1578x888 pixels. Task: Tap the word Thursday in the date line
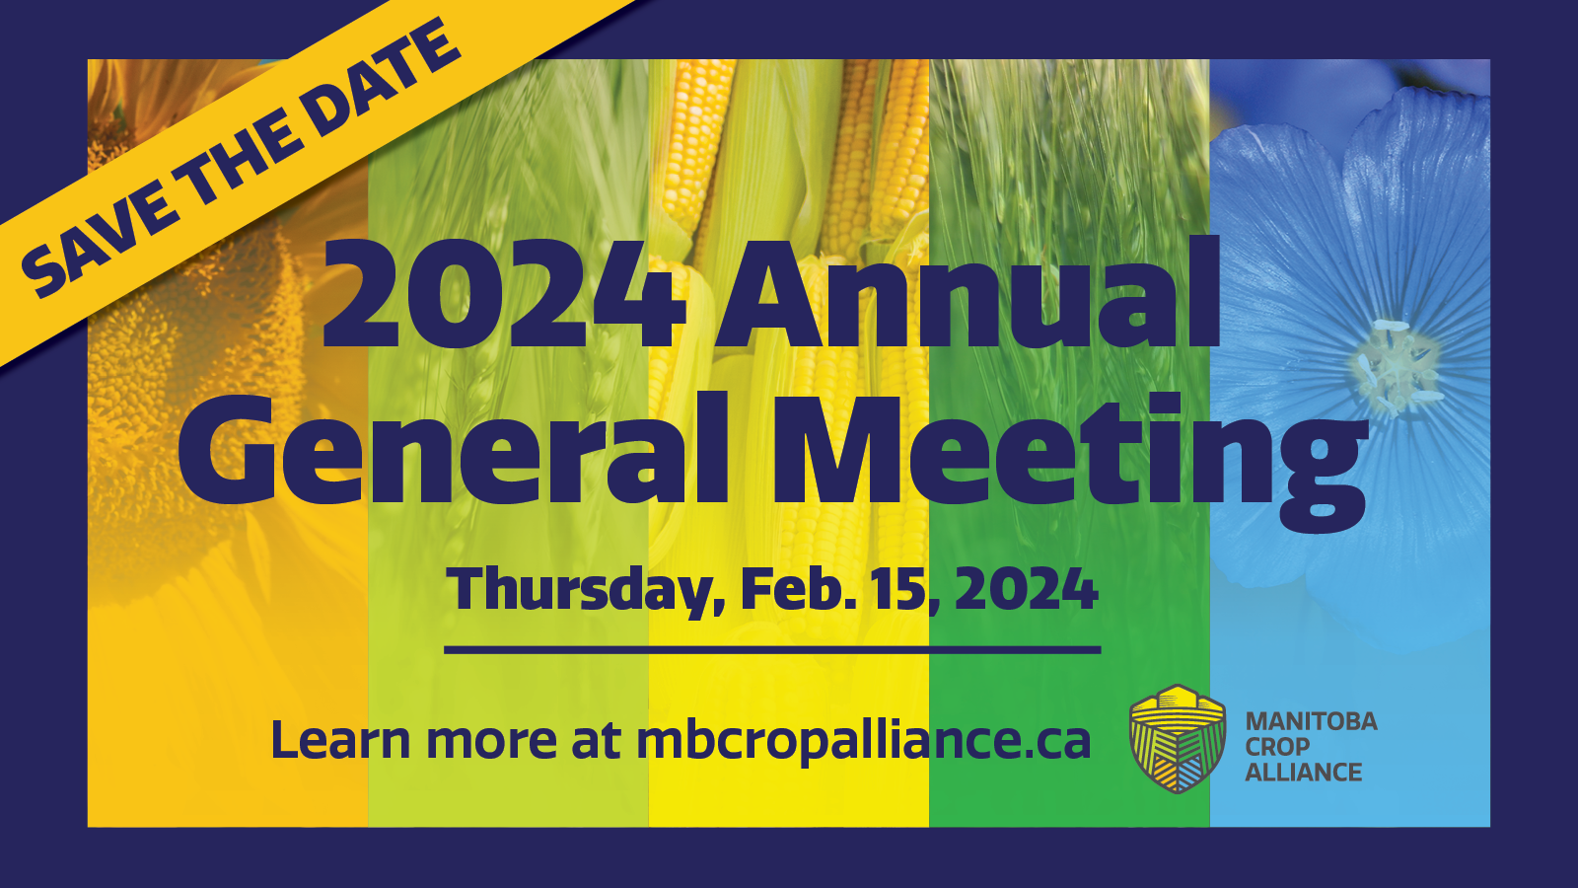pyautogui.click(x=579, y=592)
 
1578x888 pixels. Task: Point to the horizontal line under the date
pyautogui.click(x=772, y=650)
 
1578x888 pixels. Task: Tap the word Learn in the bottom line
pyautogui.click(x=341, y=739)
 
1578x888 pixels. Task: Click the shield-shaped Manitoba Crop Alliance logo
pyautogui.click(x=1178, y=739)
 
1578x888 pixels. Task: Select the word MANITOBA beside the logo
pyautogui.click(x=1311, y=721)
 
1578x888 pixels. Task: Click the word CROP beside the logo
pyautogui.click(x=1278, y=746)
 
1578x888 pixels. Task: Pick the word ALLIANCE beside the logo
pyautogui.click(x=1303, y=772)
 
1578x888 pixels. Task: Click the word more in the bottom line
pyautogui.click(x=492, y=744)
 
